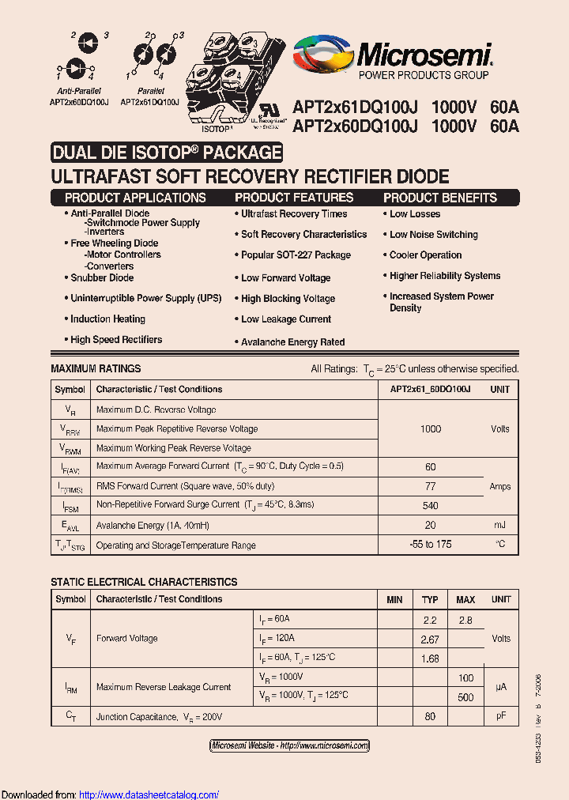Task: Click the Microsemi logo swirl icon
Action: click(x=322, y=56)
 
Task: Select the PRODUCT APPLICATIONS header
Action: click(x=135, y=198)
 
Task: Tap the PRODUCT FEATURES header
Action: click(x=294, y=198)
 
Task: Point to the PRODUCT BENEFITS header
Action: click(x=440, y=198)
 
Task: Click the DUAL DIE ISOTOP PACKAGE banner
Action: click(x=167, y=153)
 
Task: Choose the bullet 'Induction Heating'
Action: click(x=107, y=319)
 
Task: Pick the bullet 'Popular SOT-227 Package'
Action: click(x=296, y=255)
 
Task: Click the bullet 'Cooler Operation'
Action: click(x=425, y=255)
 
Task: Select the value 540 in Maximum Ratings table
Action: click(x=431, y=506)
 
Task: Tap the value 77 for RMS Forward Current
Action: click(x=431, y=487)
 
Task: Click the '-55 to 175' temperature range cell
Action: click(x=431, y=545)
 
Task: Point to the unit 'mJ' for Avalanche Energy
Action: click(x=500, y=526)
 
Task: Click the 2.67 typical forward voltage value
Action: click(x=430, y=640)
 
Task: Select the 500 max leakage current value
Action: click(x=465, y=697)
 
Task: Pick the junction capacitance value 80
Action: click(x=430, y=717)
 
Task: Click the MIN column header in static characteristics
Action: click(x=394, y=600)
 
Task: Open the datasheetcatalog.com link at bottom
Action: click(x=149, y=794)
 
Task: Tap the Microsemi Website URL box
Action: click(x=289, y=745)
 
